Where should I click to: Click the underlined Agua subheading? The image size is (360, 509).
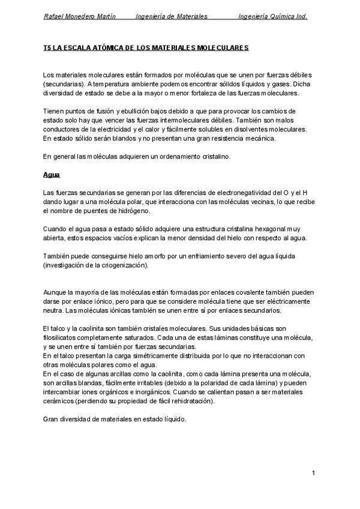tap(51, 175)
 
